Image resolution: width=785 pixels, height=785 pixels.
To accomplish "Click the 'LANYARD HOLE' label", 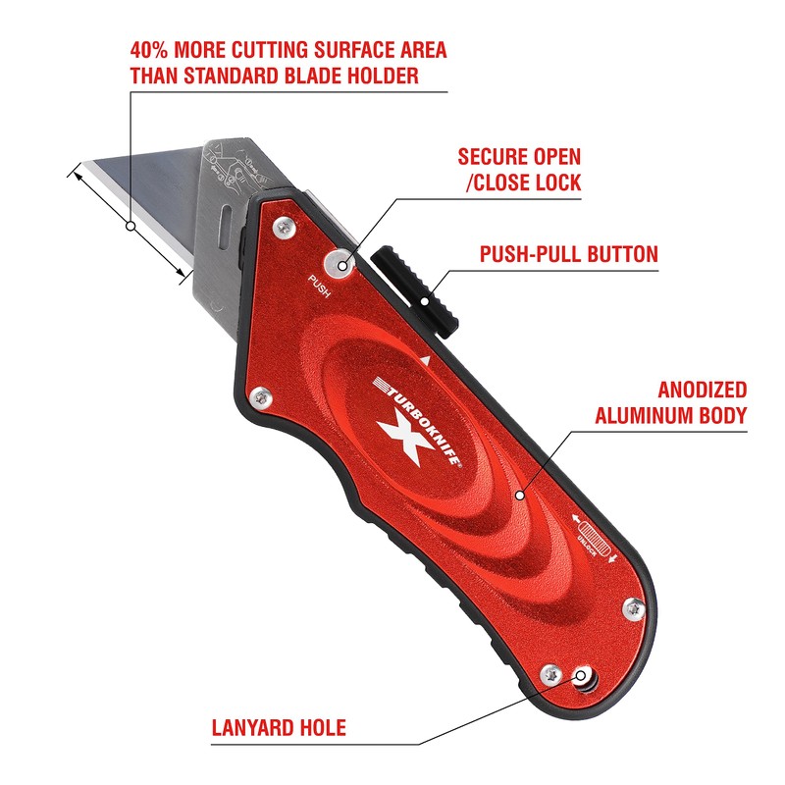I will [x=279, y=729].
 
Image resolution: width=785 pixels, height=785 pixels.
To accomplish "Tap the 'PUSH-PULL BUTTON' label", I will [x=568, y=255].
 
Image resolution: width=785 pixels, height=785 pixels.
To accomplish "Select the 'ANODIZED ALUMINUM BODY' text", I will [x=672, y=402].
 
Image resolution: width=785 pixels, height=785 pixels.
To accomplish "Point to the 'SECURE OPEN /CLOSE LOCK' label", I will [x=519, y=169].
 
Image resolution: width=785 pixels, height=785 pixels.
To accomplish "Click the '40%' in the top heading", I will [x=154, y=50].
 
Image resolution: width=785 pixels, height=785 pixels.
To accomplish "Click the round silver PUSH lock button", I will [x=341, y=261].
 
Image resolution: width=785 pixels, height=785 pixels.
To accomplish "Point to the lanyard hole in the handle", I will [x=585, y=678].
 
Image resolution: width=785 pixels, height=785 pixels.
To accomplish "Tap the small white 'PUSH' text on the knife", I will [x=320, y=288].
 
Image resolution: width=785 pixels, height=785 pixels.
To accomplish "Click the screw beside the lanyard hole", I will [x=551, y=674].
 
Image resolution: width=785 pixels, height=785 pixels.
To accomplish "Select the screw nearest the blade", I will [x=283, y=228].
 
